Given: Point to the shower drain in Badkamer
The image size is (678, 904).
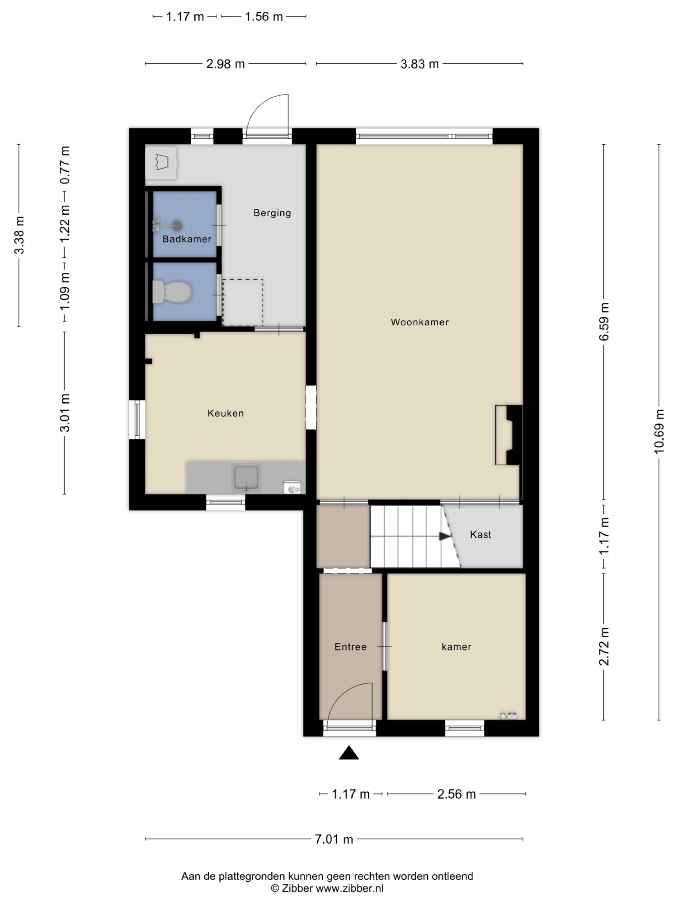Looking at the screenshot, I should [177, 225].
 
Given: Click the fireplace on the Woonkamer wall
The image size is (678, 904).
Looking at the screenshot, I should [510, 435].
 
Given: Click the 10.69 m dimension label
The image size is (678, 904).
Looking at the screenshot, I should [659, 431].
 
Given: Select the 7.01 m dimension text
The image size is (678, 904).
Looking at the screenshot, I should [333, 839].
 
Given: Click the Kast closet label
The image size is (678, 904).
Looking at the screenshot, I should [480, 534].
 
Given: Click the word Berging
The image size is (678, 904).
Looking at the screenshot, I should [272, 213].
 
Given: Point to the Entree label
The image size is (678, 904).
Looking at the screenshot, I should [350, 647].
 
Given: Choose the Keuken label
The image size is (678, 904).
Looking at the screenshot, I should [226, 413].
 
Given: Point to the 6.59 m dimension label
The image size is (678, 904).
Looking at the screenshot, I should [604, 322].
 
